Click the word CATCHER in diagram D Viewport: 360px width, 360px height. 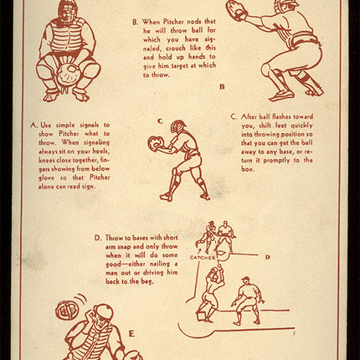pyautogui.click(x=203, y=258)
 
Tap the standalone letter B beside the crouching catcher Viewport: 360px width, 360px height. pyautogui.click(x=222, y=87)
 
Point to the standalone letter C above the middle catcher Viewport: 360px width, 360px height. pyautogui.click(x=160, y=121)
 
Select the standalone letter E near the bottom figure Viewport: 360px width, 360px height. pyautogui.click(x=131, y=334)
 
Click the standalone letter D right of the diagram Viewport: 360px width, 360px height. pyautogui.click(x=268, y=257)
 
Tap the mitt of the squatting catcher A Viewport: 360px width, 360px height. pyautogui.click(x=67, y=74)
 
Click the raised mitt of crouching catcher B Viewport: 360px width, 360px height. pyautogui.click(x=237, y=9)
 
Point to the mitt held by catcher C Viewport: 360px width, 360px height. pyautogui.click(x=154, y=143)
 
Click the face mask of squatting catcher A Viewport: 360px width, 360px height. pyautogui.click(x=66, y=10)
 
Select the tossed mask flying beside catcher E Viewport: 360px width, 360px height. pyautogui.click(x=67, y=311)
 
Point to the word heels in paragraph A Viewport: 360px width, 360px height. pyautogui.click(x=101, y=152)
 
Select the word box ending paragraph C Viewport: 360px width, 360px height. pyautogui.click(x=248, y=169)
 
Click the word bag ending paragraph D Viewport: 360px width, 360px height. pyautogui.click(x=147, y=281)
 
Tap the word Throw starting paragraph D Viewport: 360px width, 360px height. pyautogui.click(x=114, y=238)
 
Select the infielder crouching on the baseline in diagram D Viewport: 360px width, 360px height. pyautogui.click(x=248, y=301)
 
